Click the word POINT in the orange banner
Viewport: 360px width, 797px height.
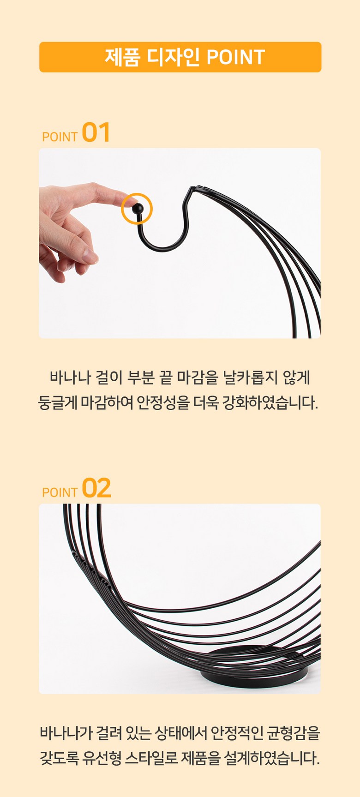[x=235, y=57]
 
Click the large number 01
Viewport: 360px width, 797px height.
[x=96, y=132]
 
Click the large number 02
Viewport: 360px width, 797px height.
[x=96, y=488]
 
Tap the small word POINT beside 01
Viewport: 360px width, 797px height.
[x=60, y=137]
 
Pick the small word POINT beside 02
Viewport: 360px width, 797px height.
[x=60, y=492]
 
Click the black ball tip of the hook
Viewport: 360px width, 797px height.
[x=137, y=209]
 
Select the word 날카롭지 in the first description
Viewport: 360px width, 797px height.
[x=251, y=378]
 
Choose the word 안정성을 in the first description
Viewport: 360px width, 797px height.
[x=164, y=402]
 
